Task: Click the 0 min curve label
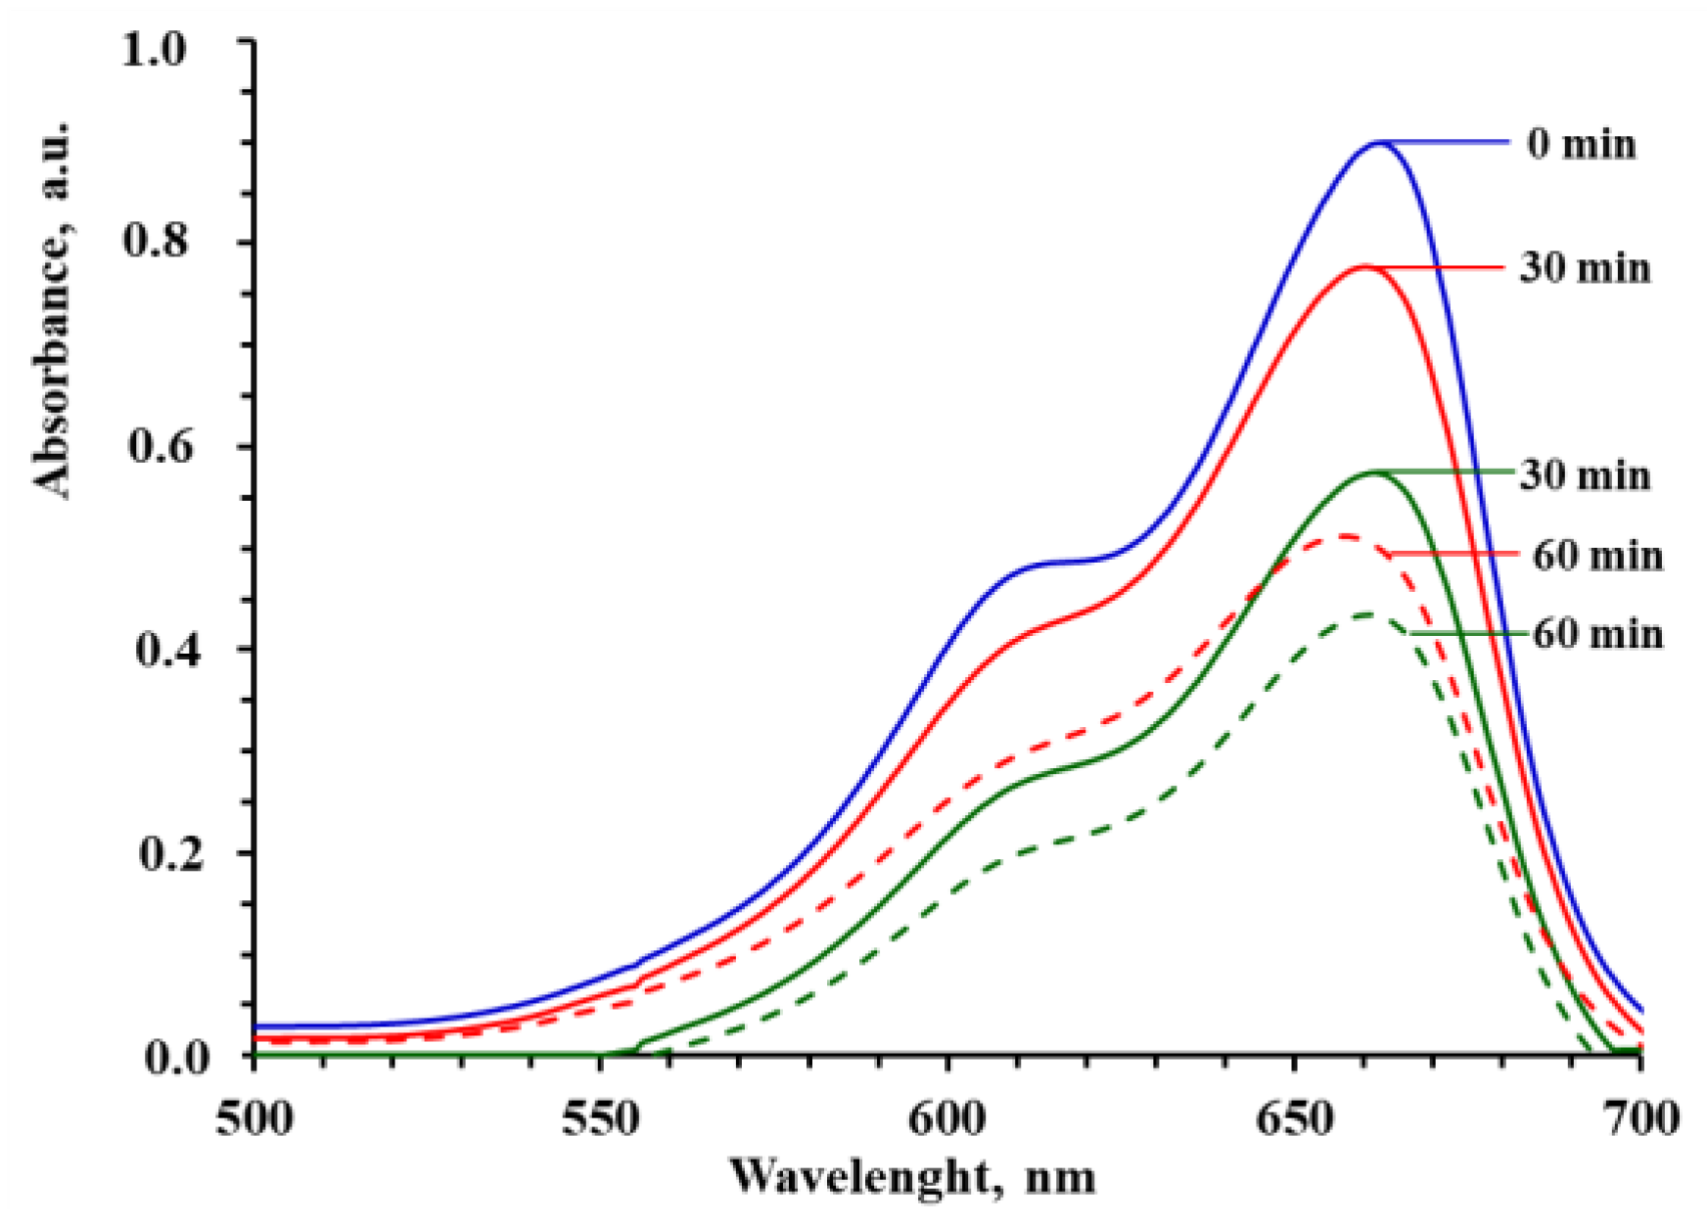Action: [1581, 145]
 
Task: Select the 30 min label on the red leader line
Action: [1584, 268]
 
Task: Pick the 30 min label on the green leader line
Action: [1584, 476]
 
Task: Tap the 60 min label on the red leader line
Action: [1596, 556]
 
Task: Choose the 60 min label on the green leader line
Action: [1596, 634]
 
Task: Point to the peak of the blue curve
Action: [1379, 143]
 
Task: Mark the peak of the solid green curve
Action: [1375, 473]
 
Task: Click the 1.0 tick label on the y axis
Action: [153, 49]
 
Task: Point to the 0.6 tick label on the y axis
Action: [157, 447]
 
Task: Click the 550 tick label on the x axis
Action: [599, 1119]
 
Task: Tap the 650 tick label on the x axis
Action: [1294, 1119]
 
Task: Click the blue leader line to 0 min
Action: [1449, 143]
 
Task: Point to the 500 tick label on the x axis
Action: [254, 1119]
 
